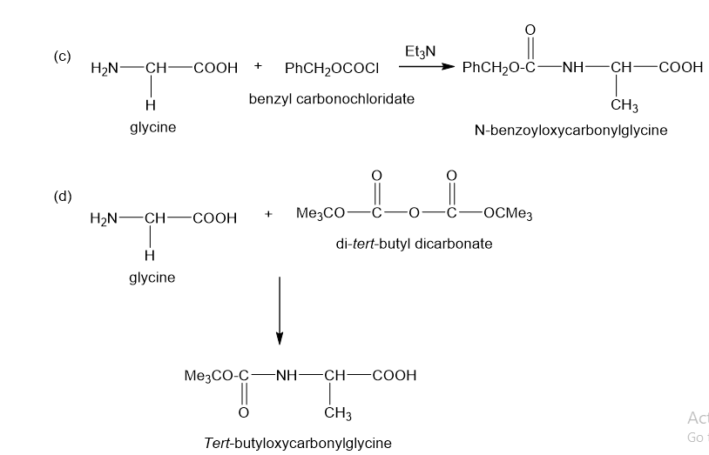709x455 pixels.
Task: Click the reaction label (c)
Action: pyautogui.click(x=62, y=57)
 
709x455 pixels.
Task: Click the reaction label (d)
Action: pyautogui.click(x=62, y=195)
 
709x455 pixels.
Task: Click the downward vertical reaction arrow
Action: pyautogui.click(x=279, y=310)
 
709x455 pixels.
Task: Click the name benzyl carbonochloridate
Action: pyautogui.click(x=331, y=99)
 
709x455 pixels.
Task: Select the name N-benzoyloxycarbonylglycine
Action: pyautogui.click(x=571, y=130)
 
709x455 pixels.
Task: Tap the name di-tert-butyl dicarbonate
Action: pyautogui.click(x=414, y=244)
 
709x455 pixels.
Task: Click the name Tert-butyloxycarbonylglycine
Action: pyautogui.click(x=297, y=443)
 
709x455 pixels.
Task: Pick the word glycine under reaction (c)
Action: pyautogui.click(x=152, y=128)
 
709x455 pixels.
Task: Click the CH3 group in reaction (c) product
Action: pyautogui.click(x=625, y=106)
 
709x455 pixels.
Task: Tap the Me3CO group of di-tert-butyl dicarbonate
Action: pyautogui.click(x=321, y=214)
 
